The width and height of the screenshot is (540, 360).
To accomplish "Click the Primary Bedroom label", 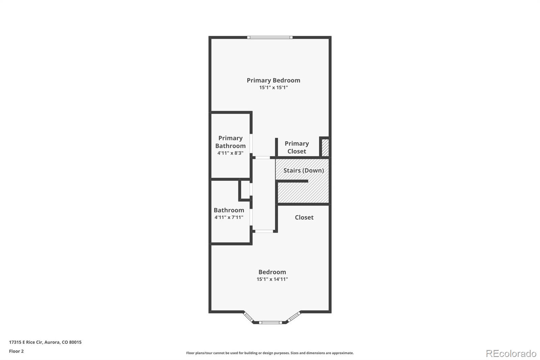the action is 273,80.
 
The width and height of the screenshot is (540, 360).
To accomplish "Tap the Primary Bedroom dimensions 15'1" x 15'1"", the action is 273,87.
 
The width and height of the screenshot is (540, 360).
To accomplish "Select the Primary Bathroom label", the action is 231,142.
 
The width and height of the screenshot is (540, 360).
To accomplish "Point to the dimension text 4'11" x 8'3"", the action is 230,153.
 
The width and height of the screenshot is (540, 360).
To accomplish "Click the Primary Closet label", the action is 297,147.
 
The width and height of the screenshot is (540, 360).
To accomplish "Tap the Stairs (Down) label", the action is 303,170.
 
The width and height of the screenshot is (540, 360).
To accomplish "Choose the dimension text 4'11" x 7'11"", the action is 229,217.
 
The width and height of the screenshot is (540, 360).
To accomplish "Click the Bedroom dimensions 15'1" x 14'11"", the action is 272,279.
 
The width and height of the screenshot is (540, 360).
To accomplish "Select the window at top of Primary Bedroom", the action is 270,37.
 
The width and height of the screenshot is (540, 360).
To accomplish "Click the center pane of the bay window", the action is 270,323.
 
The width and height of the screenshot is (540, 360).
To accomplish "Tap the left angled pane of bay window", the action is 248,317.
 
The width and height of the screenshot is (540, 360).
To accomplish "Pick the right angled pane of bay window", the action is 294,316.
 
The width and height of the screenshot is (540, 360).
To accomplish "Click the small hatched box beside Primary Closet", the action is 325,148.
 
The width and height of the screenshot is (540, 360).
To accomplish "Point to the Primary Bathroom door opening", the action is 251,143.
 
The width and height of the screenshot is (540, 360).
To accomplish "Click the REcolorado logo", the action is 511,354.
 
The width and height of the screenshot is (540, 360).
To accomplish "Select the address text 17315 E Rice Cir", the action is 26,342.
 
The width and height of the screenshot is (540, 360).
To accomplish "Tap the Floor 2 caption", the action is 17,351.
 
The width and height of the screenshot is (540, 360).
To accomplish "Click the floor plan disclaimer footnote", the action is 270,353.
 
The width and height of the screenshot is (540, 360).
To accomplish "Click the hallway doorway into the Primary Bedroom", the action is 263,158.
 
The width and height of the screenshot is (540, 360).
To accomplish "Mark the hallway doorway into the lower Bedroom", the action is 264,231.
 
